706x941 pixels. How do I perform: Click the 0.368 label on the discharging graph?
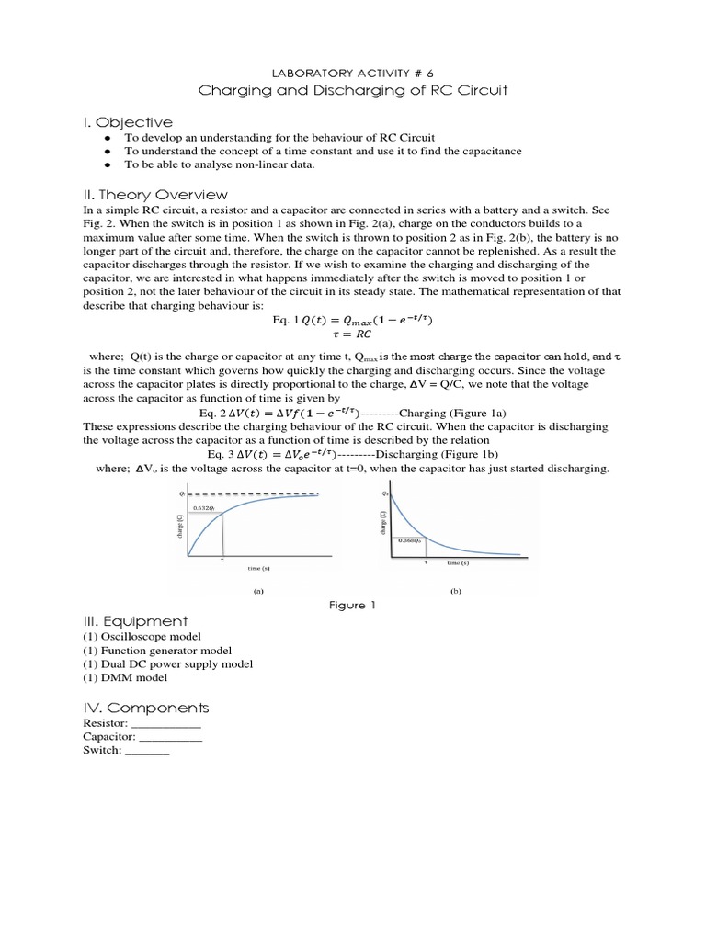tap(407, 540)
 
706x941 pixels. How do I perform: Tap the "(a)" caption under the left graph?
tap(258, 592)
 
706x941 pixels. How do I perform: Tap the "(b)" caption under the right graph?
tap(455, 592)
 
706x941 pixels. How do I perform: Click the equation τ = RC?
tap(352, 334)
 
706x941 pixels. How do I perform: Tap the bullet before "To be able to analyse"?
tap(108, 165)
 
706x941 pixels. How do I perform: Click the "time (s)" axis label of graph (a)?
tap(259, 569)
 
